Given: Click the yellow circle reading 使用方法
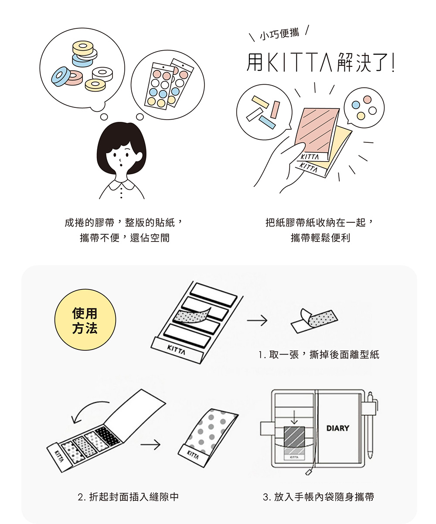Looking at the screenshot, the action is click(85, 320).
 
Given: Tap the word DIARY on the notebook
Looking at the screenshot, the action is click(337, 428).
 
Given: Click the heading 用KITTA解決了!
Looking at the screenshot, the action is click(320, 62).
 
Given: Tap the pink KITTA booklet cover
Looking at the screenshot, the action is click(317, 133).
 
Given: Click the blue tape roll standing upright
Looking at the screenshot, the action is click(61, 76).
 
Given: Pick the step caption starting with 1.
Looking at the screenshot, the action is click(319, 355).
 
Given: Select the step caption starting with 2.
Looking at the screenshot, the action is click(128, 496).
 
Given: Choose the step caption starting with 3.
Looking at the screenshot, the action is click(318, 496).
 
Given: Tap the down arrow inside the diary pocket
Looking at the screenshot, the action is click(294, 417).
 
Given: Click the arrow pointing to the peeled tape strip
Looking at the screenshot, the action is click(257, 321).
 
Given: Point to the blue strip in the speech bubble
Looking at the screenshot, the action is click(267, 122).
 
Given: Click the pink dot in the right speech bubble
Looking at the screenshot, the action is click(368, 100).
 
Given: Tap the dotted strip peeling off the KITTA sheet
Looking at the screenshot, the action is click(192, 316).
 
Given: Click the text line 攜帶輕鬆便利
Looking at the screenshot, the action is click(320, 238).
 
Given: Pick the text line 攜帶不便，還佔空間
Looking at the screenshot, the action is click(125, 238).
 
